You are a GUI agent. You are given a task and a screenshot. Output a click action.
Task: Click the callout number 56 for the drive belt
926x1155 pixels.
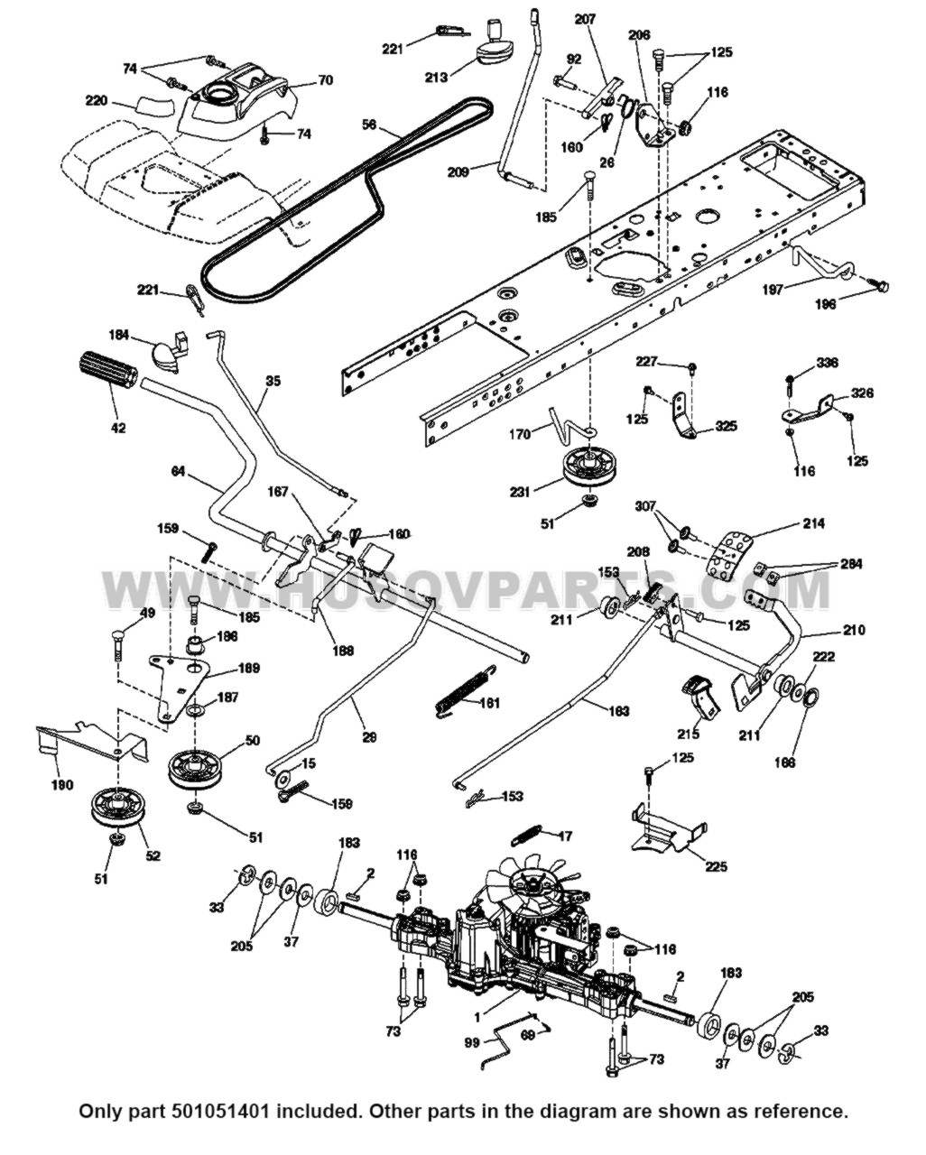click(368, 125)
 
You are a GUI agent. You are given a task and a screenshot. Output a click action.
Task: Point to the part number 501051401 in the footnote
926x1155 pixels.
click(239, 1110)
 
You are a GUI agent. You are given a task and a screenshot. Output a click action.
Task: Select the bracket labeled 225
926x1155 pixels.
click(666, 828)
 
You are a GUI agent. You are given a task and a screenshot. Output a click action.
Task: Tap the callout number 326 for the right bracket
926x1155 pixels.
click(862, 394)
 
